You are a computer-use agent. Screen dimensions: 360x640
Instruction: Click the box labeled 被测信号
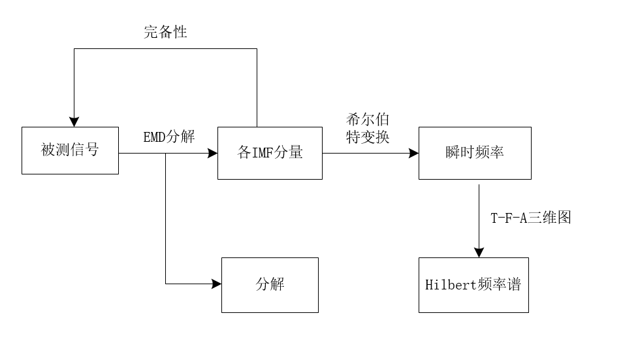[70, 150]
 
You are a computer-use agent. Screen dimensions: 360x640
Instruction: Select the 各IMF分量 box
[270, 153]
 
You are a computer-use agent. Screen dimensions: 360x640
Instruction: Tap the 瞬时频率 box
[475, 153]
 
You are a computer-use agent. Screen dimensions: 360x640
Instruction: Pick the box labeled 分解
[270, 285]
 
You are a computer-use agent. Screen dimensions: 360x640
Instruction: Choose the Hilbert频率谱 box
[473, 285]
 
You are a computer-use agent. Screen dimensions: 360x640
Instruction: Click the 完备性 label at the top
[165, 32]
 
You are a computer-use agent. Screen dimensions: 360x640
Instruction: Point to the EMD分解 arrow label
[169, 137]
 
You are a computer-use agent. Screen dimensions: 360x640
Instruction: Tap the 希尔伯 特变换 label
[368, 129]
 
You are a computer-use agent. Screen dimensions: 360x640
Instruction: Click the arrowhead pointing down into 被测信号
[74, 122]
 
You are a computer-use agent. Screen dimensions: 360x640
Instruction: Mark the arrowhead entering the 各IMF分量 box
[212, 153]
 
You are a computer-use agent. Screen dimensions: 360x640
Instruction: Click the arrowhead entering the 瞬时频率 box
[413, 153]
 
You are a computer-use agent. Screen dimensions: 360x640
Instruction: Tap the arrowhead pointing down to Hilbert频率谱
[479, 252]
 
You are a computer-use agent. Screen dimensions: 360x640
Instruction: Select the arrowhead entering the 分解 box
[216, 284]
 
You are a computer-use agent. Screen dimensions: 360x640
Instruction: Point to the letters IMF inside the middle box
[262, 153]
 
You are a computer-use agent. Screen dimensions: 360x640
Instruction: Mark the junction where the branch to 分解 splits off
[165, 153]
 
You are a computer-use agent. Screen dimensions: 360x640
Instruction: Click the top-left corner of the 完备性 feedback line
[74, 49]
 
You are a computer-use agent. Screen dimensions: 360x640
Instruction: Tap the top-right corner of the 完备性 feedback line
[257, 49]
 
